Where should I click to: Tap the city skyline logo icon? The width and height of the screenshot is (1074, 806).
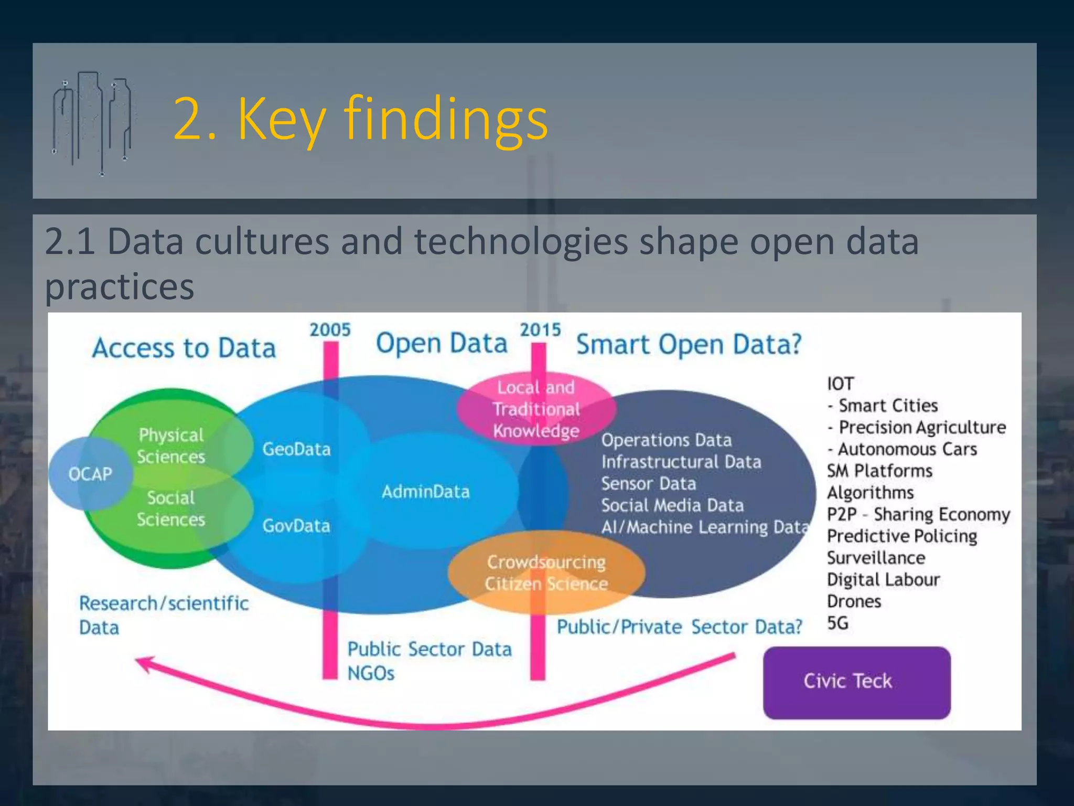(92, 123)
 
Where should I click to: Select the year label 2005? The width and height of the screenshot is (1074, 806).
(330, 330)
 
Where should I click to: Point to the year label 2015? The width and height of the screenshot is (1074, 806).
(540, 330)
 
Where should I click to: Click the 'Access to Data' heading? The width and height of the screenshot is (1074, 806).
(184, 348)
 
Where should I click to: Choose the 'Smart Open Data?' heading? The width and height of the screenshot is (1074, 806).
(689, 345)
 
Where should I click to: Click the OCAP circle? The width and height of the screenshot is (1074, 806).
(90, 474)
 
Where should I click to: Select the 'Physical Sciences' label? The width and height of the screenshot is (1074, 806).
(171, 446)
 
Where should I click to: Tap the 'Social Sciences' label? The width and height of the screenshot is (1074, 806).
(171, 508)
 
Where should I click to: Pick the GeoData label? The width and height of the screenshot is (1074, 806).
(296, 449)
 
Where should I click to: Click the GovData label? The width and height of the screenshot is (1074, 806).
(296, 526)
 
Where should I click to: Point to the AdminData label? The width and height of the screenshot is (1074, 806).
(425, 492)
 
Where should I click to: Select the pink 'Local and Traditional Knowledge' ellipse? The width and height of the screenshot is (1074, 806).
(536, 409)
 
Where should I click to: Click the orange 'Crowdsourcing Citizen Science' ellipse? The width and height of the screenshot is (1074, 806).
(546, 573)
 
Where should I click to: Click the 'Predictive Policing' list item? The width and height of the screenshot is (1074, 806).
(902, 536)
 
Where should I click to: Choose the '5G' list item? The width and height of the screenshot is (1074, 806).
(837, 623)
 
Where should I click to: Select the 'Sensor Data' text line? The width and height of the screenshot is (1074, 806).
(649, 483)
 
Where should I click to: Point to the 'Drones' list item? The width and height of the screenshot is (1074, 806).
(854, 601)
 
